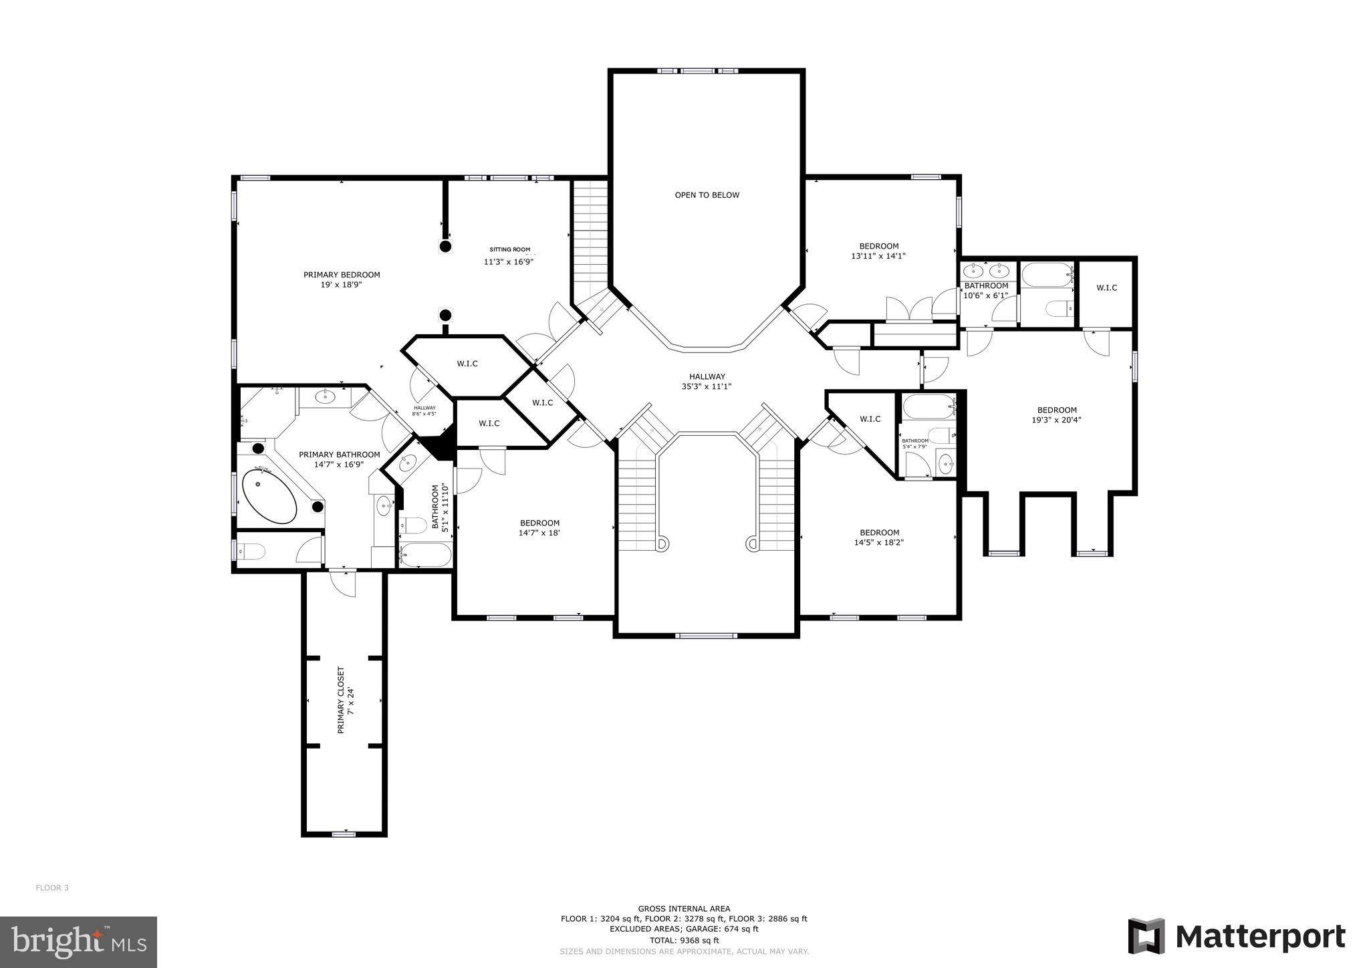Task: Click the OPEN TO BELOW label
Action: pos(707,195)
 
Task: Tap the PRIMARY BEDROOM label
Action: pos(342,279)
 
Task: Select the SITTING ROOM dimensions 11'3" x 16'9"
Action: pos(508,262)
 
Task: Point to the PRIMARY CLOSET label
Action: pos(345,700)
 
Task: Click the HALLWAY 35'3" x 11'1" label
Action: pos(707,381)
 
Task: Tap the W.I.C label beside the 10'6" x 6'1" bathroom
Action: pos(1106,288)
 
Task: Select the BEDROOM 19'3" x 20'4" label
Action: pos(1056,415)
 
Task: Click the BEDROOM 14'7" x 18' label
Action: pos(539,528)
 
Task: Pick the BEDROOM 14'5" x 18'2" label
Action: pos(879,537)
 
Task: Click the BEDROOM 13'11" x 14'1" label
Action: pos(878,251)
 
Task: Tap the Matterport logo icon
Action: pos(1146,936)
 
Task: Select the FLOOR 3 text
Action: pos(52,888)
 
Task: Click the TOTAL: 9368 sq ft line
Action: pos(684,940)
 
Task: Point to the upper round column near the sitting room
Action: pos(445,247)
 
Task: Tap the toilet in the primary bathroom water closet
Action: pos(254,552)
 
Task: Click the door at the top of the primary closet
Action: pos(344,583)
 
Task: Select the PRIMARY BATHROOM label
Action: pos(339,459)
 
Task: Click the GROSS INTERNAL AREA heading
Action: pos(684,909)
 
